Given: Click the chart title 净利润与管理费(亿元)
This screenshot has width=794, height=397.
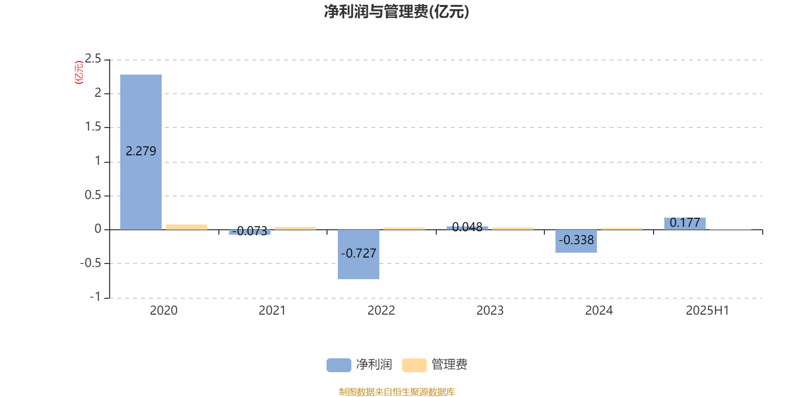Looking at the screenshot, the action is [397, 11].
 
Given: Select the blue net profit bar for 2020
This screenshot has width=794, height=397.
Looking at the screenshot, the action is [141, 152].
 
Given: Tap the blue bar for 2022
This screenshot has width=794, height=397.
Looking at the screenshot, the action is [358, 255].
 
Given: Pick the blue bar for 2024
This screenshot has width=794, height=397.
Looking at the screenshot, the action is [576, 241].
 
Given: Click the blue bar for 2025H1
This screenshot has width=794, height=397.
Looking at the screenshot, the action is [685, 224].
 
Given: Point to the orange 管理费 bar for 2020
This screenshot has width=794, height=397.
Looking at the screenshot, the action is [187, 227].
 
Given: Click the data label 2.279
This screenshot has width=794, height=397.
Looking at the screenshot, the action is [141, 151].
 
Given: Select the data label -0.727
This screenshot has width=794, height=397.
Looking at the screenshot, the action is [358, 254].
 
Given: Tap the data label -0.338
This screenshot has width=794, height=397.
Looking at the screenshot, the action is [576, 240].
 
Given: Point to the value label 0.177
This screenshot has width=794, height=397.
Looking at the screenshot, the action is [685, 223].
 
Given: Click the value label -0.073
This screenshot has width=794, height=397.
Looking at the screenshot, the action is [250, 231].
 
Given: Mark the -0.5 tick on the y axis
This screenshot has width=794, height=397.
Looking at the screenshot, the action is [90, 264].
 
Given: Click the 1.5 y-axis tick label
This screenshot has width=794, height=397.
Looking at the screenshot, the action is [93, 127].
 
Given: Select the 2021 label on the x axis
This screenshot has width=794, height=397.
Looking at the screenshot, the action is [272, 311].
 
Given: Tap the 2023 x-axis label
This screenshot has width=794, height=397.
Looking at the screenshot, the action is [490, 311].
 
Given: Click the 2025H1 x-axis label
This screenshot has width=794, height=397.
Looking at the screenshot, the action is [708, 311].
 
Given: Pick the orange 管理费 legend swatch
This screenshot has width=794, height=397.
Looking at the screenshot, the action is [414, 365].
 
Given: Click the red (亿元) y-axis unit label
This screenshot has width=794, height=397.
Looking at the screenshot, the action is [79, 72].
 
